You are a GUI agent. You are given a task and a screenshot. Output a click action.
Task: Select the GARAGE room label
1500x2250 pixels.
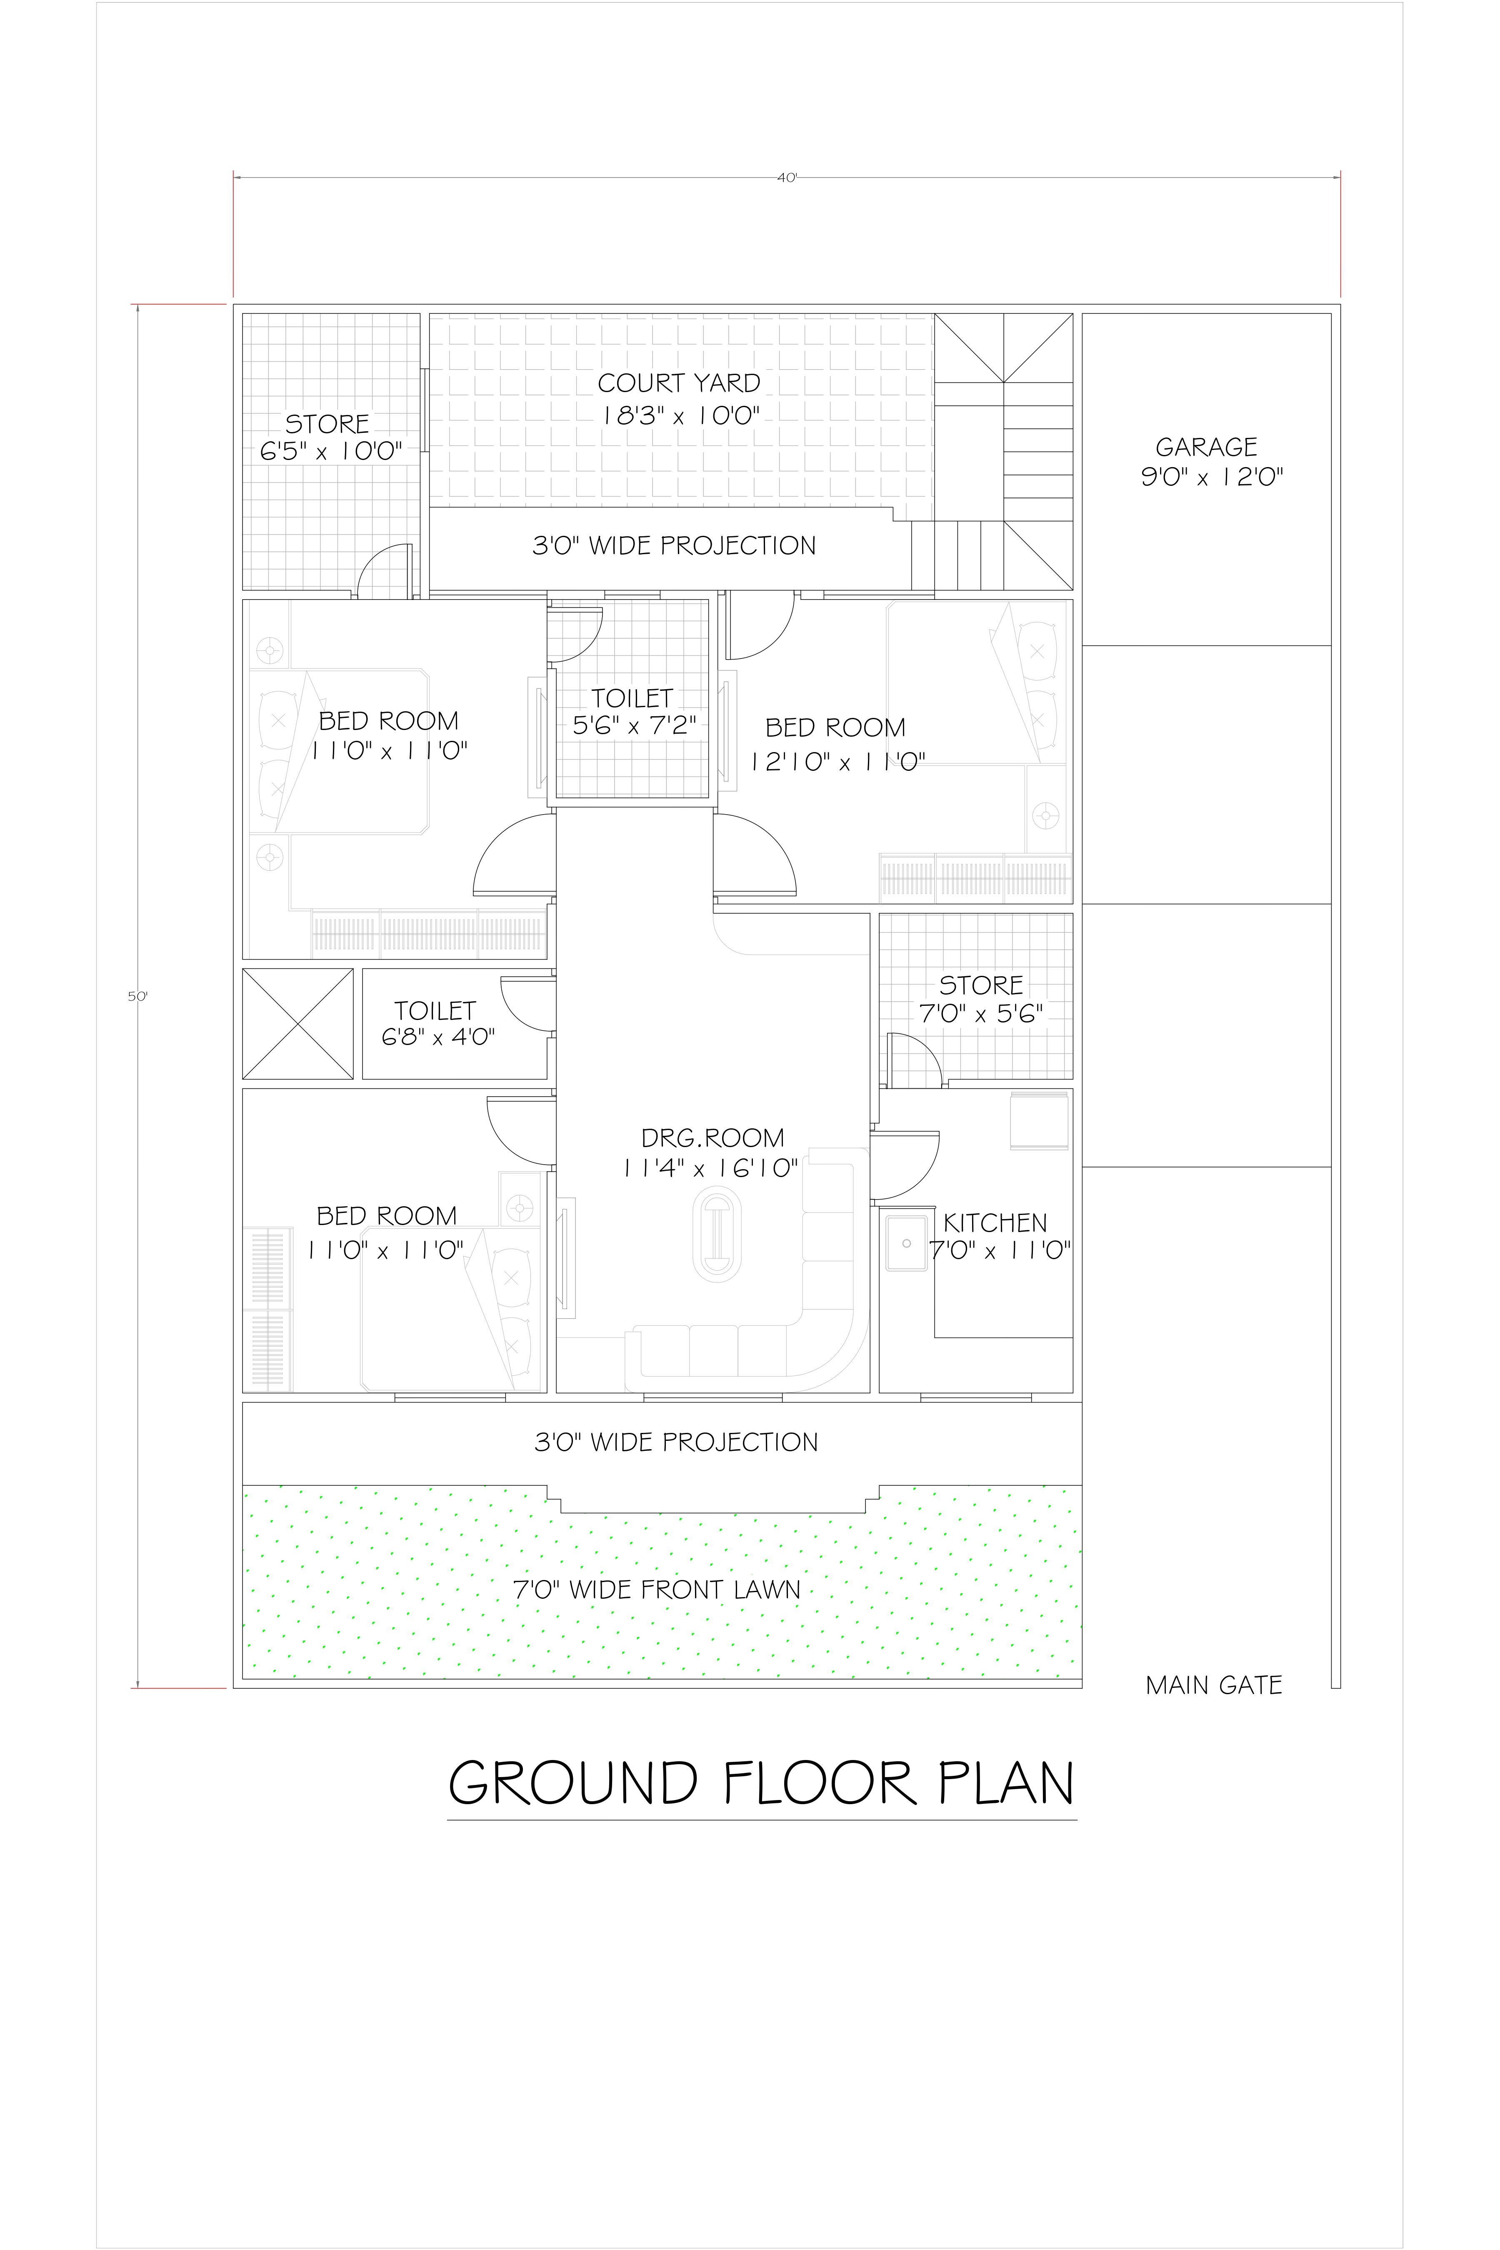tap(1206, 447)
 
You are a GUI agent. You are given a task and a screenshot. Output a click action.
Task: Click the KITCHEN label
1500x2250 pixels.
tap(995, 1222)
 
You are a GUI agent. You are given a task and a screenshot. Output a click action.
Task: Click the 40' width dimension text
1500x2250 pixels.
tap(786, 178)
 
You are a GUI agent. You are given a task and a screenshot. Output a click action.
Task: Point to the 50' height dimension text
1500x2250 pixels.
tap(138, 996)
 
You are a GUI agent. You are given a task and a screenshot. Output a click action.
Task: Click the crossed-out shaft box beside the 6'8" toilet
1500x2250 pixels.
tap(297, 1024)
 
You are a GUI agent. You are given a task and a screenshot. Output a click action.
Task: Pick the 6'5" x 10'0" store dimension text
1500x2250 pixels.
tap(331, 452)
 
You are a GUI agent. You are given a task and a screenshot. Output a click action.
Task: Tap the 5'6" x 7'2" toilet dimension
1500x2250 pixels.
tap(633, 725)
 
